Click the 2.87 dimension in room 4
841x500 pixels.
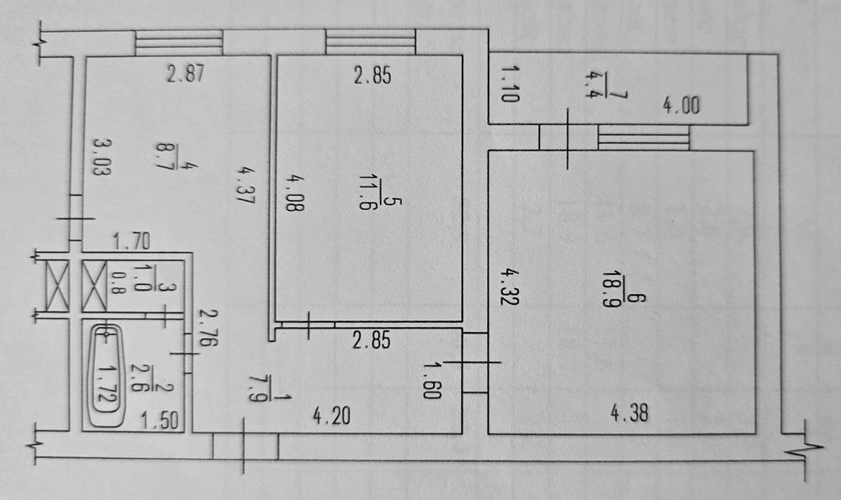185,73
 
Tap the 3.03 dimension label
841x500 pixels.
102,156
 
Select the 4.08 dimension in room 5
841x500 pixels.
294,192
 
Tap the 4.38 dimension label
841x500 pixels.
630,413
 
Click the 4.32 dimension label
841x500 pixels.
509,287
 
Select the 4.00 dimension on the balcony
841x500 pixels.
681,105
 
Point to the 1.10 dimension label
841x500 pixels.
509,83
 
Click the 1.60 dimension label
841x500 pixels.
431,381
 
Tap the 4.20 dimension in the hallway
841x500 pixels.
331,416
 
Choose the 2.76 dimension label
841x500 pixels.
208,327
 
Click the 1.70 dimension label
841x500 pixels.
131,242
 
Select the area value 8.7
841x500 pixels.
163,156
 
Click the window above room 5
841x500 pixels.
371,42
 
